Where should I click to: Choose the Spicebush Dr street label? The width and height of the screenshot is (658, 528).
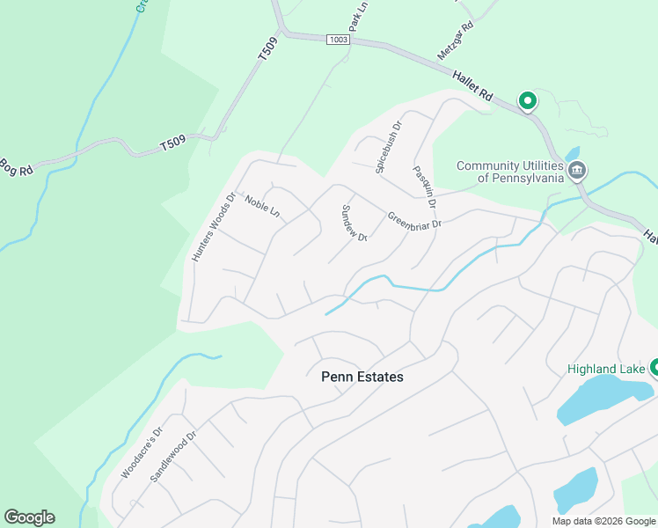[x=388, y=146]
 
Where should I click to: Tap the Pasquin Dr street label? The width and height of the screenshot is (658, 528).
[x=425, y=186]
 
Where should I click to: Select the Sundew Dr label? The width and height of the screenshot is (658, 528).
[x=354, y=223]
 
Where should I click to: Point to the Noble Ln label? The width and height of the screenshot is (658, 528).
[x=262, y=207]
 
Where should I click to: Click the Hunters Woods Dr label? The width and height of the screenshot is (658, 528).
[x=214, y=227]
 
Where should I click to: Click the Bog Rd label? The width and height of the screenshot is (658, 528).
[x=15, y=165]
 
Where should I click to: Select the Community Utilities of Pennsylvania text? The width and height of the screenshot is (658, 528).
[x=509, y=172]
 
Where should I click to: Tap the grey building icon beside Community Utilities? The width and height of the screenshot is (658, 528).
[x=576, y=170]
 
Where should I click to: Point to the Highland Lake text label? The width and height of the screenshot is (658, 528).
[x=607, y=368]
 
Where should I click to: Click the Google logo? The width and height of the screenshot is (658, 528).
[x=29, y=517]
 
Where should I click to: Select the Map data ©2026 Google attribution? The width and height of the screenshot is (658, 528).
[x=603, y=521]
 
